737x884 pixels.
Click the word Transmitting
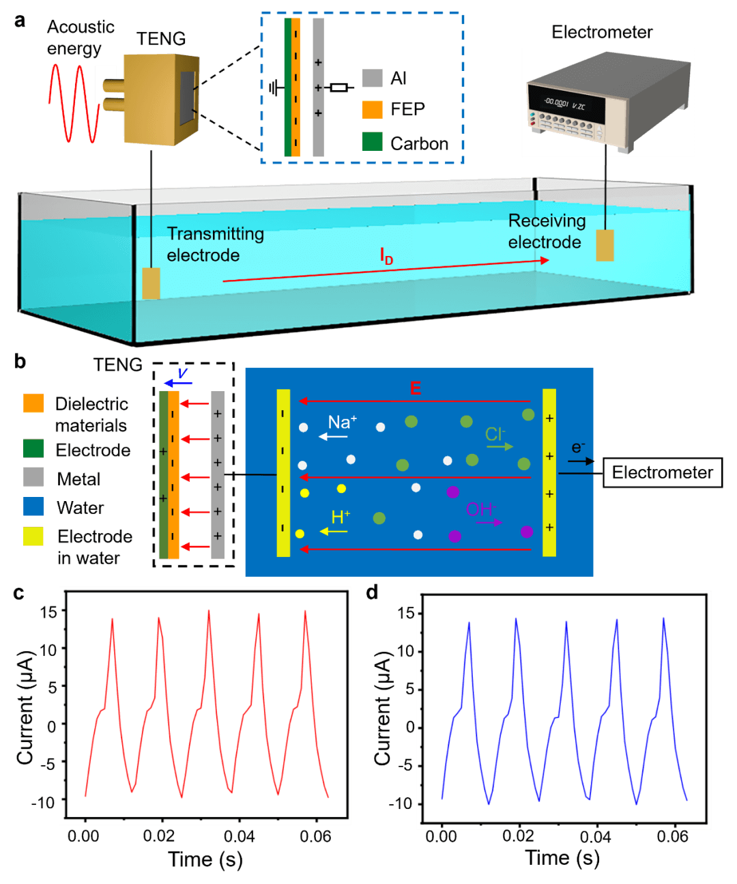click(x=216, y=234)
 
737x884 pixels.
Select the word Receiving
click(x=547, y=221)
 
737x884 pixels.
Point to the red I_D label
click(x=386, y=257)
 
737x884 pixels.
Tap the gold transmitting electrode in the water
click(x=151, y=283)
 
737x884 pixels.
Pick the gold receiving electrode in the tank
click(x=605, y=246)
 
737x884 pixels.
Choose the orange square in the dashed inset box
click(x=373, y=109)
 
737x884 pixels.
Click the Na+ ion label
click(x=342, y=423)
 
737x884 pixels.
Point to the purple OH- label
click(x=481, y=509)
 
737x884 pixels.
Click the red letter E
click(x=415, y=388)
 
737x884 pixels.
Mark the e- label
click(x=578, y=448)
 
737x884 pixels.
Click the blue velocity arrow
click(x=178, y=383)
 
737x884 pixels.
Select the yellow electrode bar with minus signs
click(x=283, y=472)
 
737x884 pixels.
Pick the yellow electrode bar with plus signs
click(x=549, y=472)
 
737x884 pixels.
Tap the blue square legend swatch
click(x=33, y=507)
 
